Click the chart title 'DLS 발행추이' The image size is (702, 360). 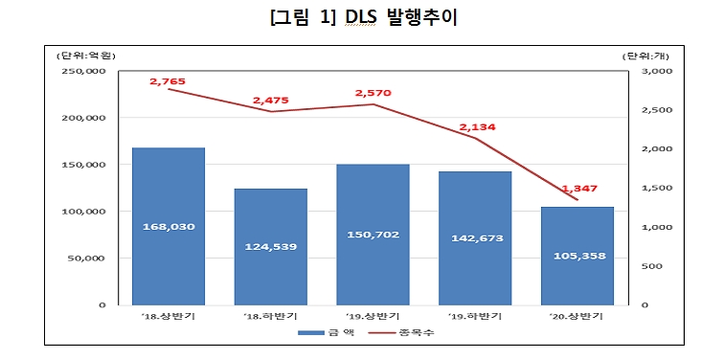pos(351,18)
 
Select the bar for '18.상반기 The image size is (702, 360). pos(169,226)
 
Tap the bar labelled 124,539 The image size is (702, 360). pos(271,246)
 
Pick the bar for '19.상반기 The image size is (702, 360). pos(374,234)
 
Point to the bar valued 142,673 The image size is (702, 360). pos(475,237)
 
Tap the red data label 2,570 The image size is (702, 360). pos(374,93)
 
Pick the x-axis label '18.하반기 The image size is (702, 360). pos(271,315)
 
